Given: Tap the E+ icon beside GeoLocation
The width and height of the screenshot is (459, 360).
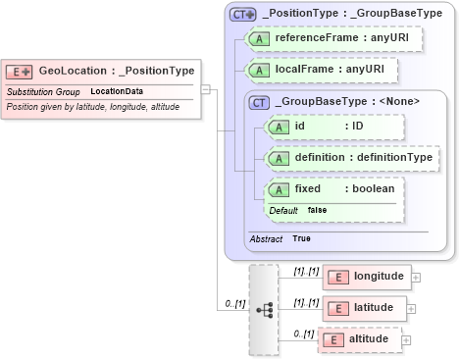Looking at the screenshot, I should (x=20, y=71).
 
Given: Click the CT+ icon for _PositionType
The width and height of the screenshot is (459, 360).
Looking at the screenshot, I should (x=242, y=15).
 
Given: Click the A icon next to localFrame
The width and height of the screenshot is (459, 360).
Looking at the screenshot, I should (x=260, y=71).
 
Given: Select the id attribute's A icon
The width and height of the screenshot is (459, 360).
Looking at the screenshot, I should (x=279, y=127).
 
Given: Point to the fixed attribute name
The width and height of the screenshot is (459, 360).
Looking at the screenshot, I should (x=309, y=188).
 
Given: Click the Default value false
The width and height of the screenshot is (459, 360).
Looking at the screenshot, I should (x=318, y=210).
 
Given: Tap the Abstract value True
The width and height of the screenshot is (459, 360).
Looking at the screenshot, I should (x=302, y=238).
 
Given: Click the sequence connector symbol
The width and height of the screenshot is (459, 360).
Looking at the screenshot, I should (x=264, y=308).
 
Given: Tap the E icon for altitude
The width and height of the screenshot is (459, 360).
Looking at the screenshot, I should (x=333, y=339).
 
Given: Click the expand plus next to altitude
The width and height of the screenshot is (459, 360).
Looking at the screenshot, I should (x=406, y=339).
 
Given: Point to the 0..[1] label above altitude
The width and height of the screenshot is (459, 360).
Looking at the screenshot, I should (x=303, y=333).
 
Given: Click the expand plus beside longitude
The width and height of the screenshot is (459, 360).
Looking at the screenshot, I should (x=416, y=277).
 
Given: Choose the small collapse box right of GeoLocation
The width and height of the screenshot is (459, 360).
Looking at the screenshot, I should (x=205, y=88).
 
